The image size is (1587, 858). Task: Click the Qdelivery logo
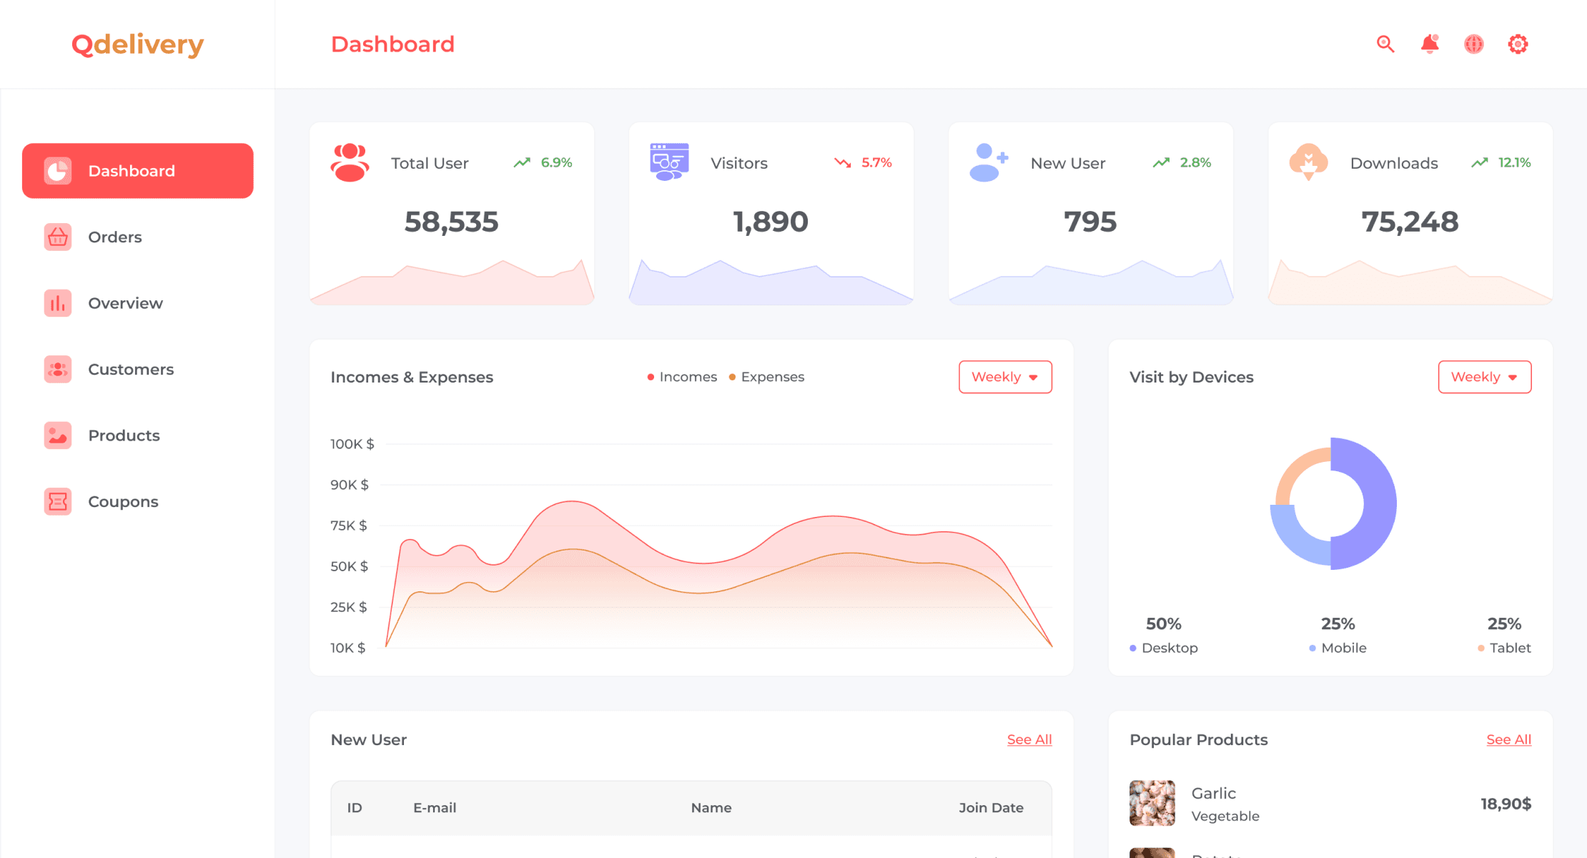pyautogui.click(x=137, y=44)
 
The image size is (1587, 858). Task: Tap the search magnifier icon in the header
pyautogui.click(x=1385, y=44)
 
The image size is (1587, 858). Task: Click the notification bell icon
pyautogui.click(x=1430, y=44)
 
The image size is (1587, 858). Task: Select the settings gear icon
pyautogui.click(x=1518, y=44)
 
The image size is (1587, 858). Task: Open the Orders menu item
pyautogui.click(x=114, y=237)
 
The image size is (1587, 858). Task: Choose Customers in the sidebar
pyautogui.click(x=130, y=369)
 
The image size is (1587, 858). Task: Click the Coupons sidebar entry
pyautogui.click(x=122, y=501)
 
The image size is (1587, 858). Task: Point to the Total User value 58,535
pyautogui.click(x=451, y=222)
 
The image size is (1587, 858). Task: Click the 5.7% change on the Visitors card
pyautogui.click(x=876, y=163)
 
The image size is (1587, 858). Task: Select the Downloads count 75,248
pyautogui.click(x=1409, y=222)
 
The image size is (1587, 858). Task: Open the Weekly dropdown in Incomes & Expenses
pyautogui.click(x=1004, y=377)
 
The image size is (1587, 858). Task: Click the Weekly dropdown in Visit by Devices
pyautogui.click(x=1484, y=377)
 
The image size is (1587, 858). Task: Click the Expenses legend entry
pyautogui.click(x=771, y=377)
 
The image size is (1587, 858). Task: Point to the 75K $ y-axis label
pyautogui.click(x=348, y=526)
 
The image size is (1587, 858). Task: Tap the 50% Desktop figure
pyautogui.click(x=1163, y=623)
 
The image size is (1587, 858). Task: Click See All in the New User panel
pyautogui.click(x=1029, y=739)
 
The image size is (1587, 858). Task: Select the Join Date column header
pyautogui.click(x=991, y=807)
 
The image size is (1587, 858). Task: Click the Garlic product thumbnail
pyautogui.click(x=1152, y=803)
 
